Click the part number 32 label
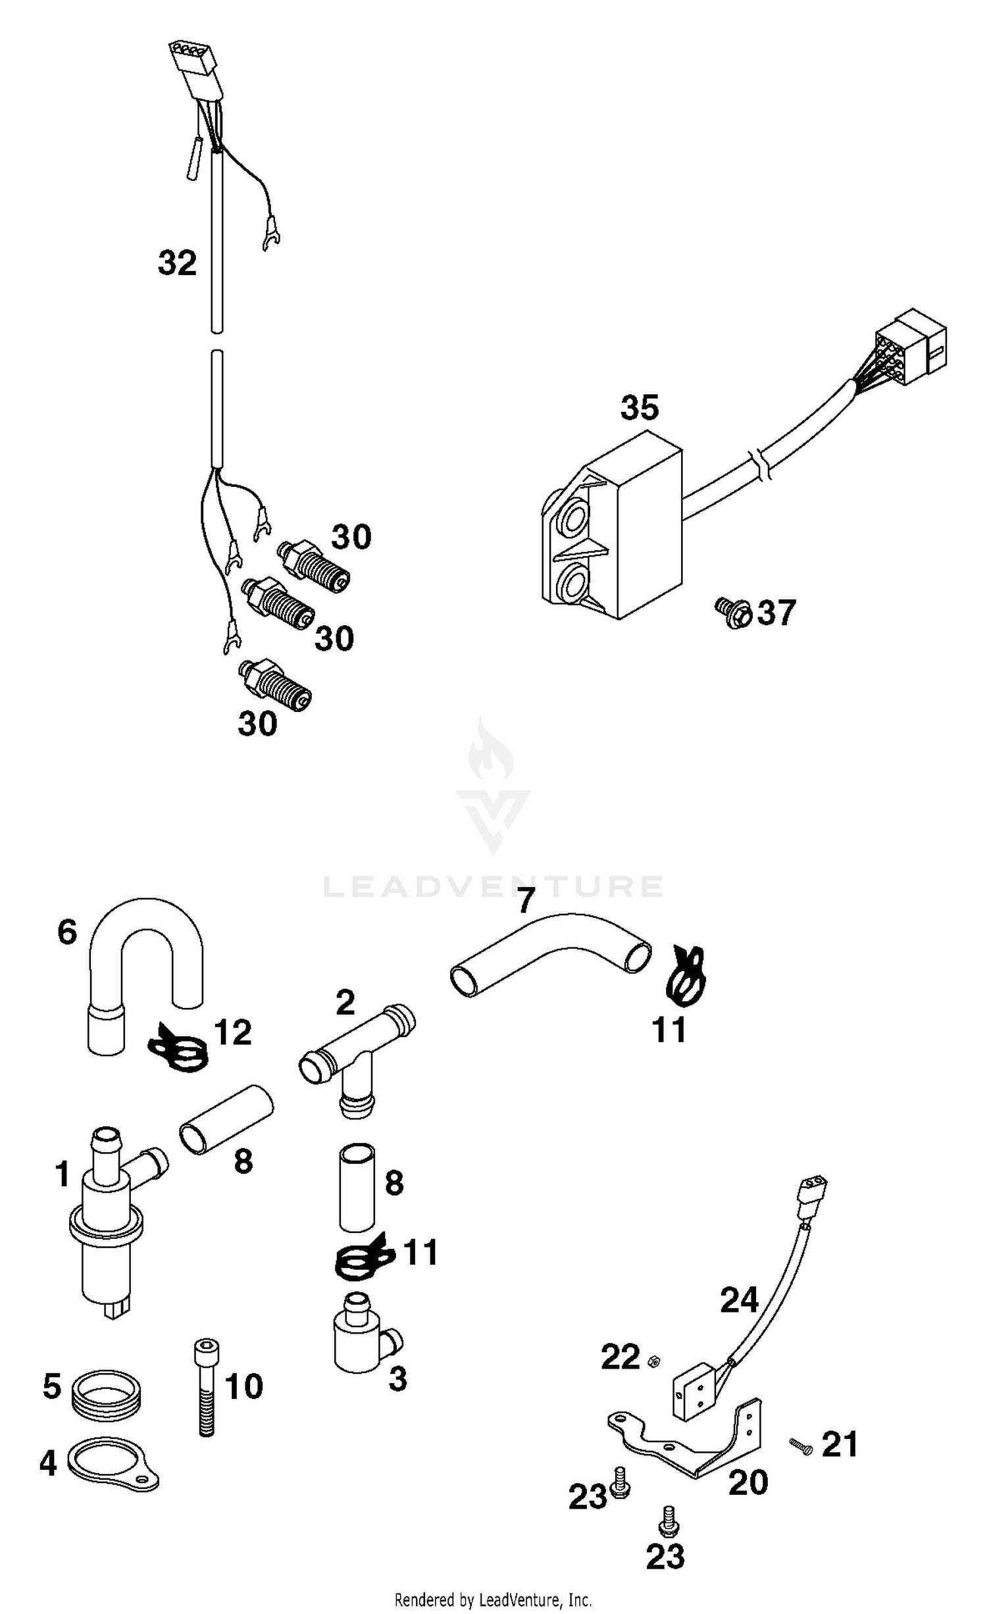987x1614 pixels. (177, 263)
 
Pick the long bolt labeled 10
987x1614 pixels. (206, 1388)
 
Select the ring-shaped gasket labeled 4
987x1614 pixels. (112, 1463)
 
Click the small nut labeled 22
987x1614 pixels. (654, 1361)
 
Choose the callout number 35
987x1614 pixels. (639, 408)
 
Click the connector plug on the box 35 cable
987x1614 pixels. (911, 349)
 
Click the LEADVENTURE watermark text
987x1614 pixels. (493, 887)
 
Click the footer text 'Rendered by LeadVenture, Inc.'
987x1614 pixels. (493, 1600)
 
